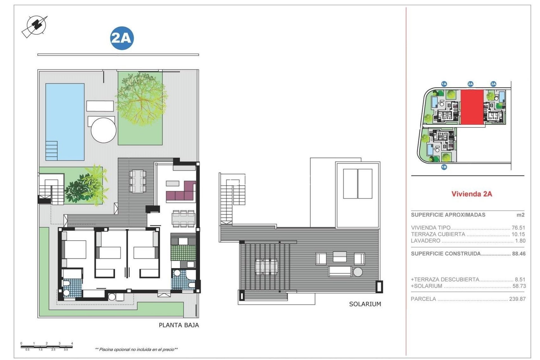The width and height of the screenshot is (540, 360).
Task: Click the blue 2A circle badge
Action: point(122,38)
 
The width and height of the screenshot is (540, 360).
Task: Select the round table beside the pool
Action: point(103,130)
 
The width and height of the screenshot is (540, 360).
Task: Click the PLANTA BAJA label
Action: point(179,325)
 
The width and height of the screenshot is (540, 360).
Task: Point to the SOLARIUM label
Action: point(365,304)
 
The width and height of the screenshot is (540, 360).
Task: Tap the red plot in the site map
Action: point(472,107)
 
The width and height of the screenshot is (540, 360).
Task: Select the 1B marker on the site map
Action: point(444,167)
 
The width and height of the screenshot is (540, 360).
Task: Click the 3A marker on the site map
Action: point(493,84)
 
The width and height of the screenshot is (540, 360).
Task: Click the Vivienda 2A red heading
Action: point(472,194)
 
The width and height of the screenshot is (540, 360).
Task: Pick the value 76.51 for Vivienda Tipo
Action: point(518,228)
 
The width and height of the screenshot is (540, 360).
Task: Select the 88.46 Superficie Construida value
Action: point(519,254)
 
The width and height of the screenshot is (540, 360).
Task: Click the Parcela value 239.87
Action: point(517,299)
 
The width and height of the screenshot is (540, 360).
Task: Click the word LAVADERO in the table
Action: point(425,241)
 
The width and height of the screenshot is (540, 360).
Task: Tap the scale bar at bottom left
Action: point(47,346)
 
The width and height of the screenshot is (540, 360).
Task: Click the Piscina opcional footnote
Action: point(136,349)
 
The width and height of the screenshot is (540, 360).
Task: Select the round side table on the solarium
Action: point(358,272)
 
